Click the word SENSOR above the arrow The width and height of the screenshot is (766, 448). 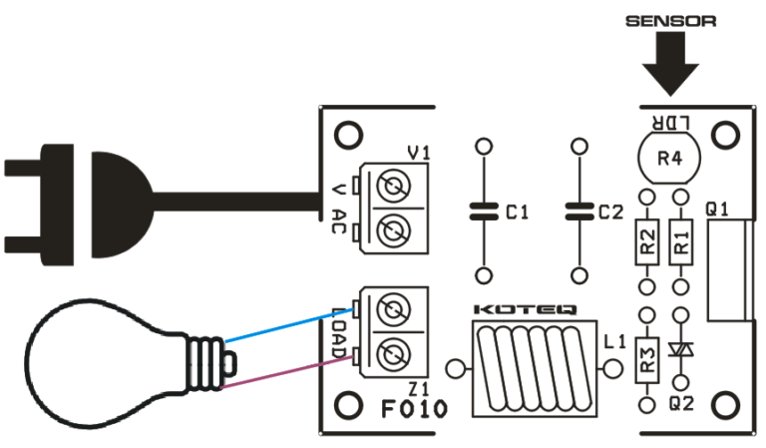(x=669, y=20)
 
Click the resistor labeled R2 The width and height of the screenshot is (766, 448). (x=647, y=242)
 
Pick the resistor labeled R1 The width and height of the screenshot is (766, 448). (x=682, y=242)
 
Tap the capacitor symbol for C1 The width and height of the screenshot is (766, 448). (x=484, y=212)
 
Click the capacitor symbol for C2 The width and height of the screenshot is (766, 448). (x=578, y=212)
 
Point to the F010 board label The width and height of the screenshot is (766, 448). (x=413, y=409)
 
